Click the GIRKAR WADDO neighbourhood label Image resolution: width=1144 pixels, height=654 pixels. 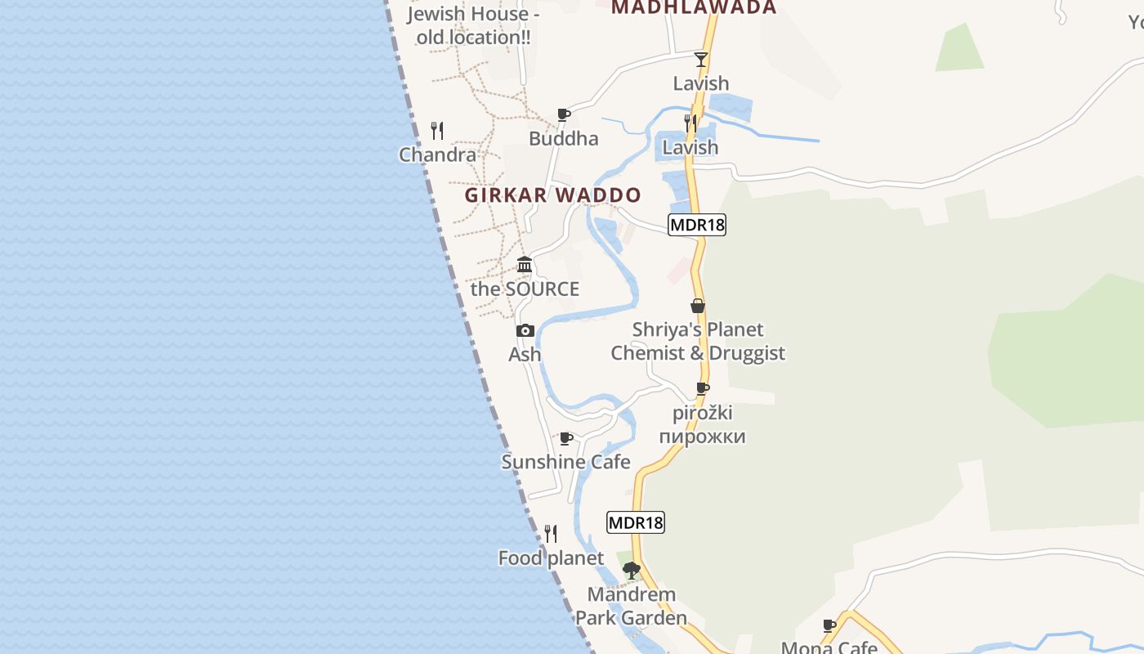(x=553, y=195)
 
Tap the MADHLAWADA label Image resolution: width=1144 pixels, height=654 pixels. (x=694, y=7)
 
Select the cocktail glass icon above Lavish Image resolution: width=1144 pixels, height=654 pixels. (x=701, y=59)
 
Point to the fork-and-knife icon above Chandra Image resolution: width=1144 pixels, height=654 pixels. (x=437, y=130)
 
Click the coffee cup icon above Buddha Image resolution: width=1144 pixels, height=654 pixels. (x=563, y=114)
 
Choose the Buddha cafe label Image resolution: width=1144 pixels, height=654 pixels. (x=563, y=138)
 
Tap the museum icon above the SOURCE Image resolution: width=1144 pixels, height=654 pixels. (x=525, y=264)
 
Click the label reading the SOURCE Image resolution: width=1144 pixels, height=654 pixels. (x=525, y=289)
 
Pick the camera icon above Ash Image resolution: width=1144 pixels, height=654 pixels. (x=525, y=330)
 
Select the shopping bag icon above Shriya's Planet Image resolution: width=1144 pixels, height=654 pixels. (x=698, y=306)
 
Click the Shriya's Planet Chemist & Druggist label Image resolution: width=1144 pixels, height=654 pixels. (x=698, y=342)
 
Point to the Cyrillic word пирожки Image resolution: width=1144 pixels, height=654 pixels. (x=702, y=436)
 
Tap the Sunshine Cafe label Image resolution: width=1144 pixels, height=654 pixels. (x=565, y=462)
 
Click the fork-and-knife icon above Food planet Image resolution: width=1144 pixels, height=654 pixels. (x=551, y=534)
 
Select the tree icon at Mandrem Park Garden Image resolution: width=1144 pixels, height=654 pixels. (x=631, y=570)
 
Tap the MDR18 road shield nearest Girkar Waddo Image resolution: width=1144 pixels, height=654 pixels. (x=697, y=225)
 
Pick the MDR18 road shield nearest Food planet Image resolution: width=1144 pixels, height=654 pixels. (x=636, y=522)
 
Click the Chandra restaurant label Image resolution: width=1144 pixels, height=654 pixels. (x=437, y=155)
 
